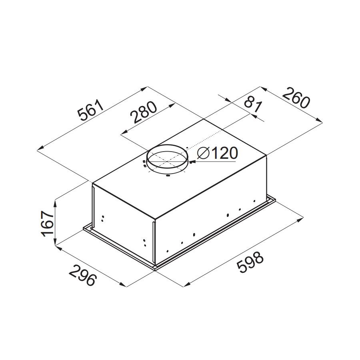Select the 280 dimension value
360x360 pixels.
click(x=143, y=112)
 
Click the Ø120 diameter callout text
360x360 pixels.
click(x=217, y=153)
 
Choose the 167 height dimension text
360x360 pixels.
click(x=47, y=223)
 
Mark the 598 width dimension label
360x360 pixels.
click(x=250, y=262)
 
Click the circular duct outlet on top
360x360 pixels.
click(x=167, y=145)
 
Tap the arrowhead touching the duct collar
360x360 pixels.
click(x=192, y=162)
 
